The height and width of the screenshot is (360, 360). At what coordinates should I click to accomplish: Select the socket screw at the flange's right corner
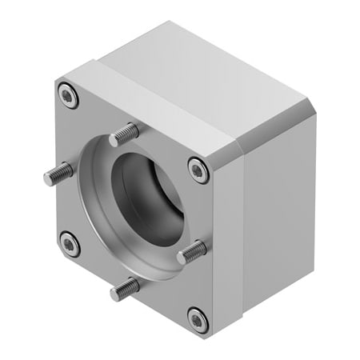[x=198, y=169]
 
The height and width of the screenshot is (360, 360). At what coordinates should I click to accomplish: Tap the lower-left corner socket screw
[x=70, y=244]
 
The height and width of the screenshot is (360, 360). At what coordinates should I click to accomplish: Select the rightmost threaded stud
[x=192, y=253]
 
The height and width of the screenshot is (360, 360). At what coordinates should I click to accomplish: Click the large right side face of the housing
[x=272, y=216]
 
